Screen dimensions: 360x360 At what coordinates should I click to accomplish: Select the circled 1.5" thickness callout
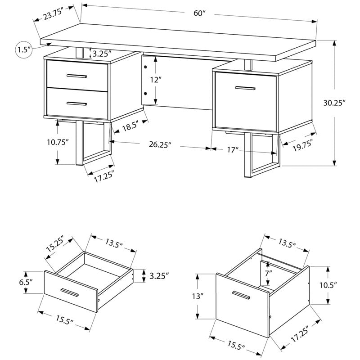23,49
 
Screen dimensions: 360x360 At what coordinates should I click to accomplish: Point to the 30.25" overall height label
346,103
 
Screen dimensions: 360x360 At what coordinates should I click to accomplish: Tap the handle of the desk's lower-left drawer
77,103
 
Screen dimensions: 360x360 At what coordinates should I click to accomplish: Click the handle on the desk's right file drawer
248,89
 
